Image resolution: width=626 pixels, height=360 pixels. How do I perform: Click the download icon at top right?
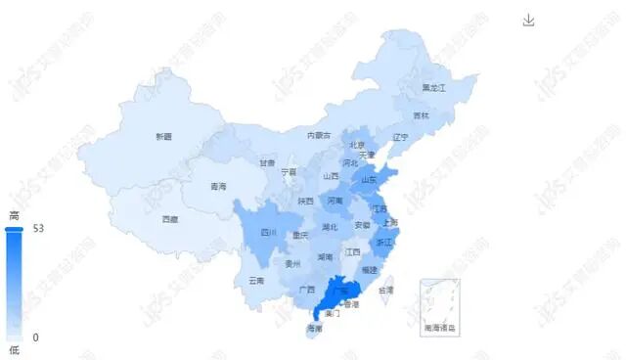pos(529,21)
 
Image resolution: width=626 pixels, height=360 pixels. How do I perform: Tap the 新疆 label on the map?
pos(162,136)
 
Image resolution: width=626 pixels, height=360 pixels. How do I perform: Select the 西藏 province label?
pos(170,219)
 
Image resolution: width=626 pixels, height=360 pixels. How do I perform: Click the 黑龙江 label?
pos(433,88)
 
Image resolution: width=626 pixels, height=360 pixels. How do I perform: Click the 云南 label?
pos(256,281)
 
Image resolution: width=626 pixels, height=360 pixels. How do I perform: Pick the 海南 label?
pos(314,329)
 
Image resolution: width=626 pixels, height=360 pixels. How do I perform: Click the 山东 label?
pos(370,180)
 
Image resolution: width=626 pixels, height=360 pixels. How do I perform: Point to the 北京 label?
pos(357,146)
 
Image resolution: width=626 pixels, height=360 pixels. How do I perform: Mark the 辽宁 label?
pos(400,137)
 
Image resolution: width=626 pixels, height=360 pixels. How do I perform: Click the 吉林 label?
pos(421,115)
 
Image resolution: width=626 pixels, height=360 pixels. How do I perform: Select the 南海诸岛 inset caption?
pos(440,328)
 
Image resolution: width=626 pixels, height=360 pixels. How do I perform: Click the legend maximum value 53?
pos(38,228)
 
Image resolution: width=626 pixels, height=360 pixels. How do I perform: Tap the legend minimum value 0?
pos(35,337)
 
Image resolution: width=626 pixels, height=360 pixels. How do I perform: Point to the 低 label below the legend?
pos(14,349)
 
